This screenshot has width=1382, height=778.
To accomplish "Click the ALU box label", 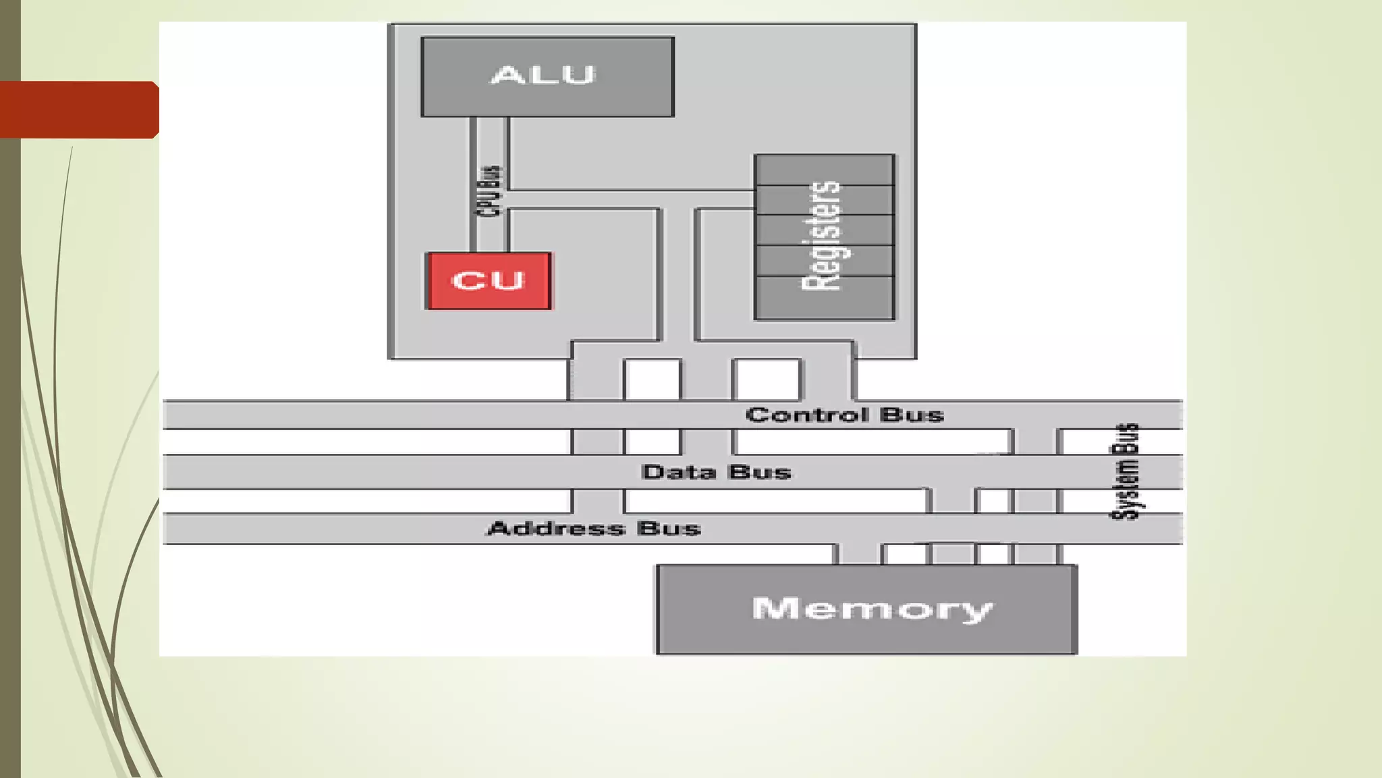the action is tap(543, 75).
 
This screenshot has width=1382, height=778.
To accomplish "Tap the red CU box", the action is tap(489, 281).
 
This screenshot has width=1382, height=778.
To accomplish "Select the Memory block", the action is tap(866, 609).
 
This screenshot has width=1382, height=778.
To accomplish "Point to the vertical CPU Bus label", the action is tap(490, 191).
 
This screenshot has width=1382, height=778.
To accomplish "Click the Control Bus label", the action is tap(844, 415).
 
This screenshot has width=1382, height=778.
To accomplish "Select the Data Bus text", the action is tap(716, 472).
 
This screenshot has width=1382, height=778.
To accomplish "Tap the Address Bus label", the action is tap(594, 528).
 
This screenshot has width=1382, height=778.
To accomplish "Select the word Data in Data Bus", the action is tap(679, 472).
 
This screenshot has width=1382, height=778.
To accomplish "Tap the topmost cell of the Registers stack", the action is tap(825, 170).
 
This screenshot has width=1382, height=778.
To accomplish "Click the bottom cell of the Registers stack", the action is tap(825, 297).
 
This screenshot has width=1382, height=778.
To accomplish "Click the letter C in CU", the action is tap(467, 281).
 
